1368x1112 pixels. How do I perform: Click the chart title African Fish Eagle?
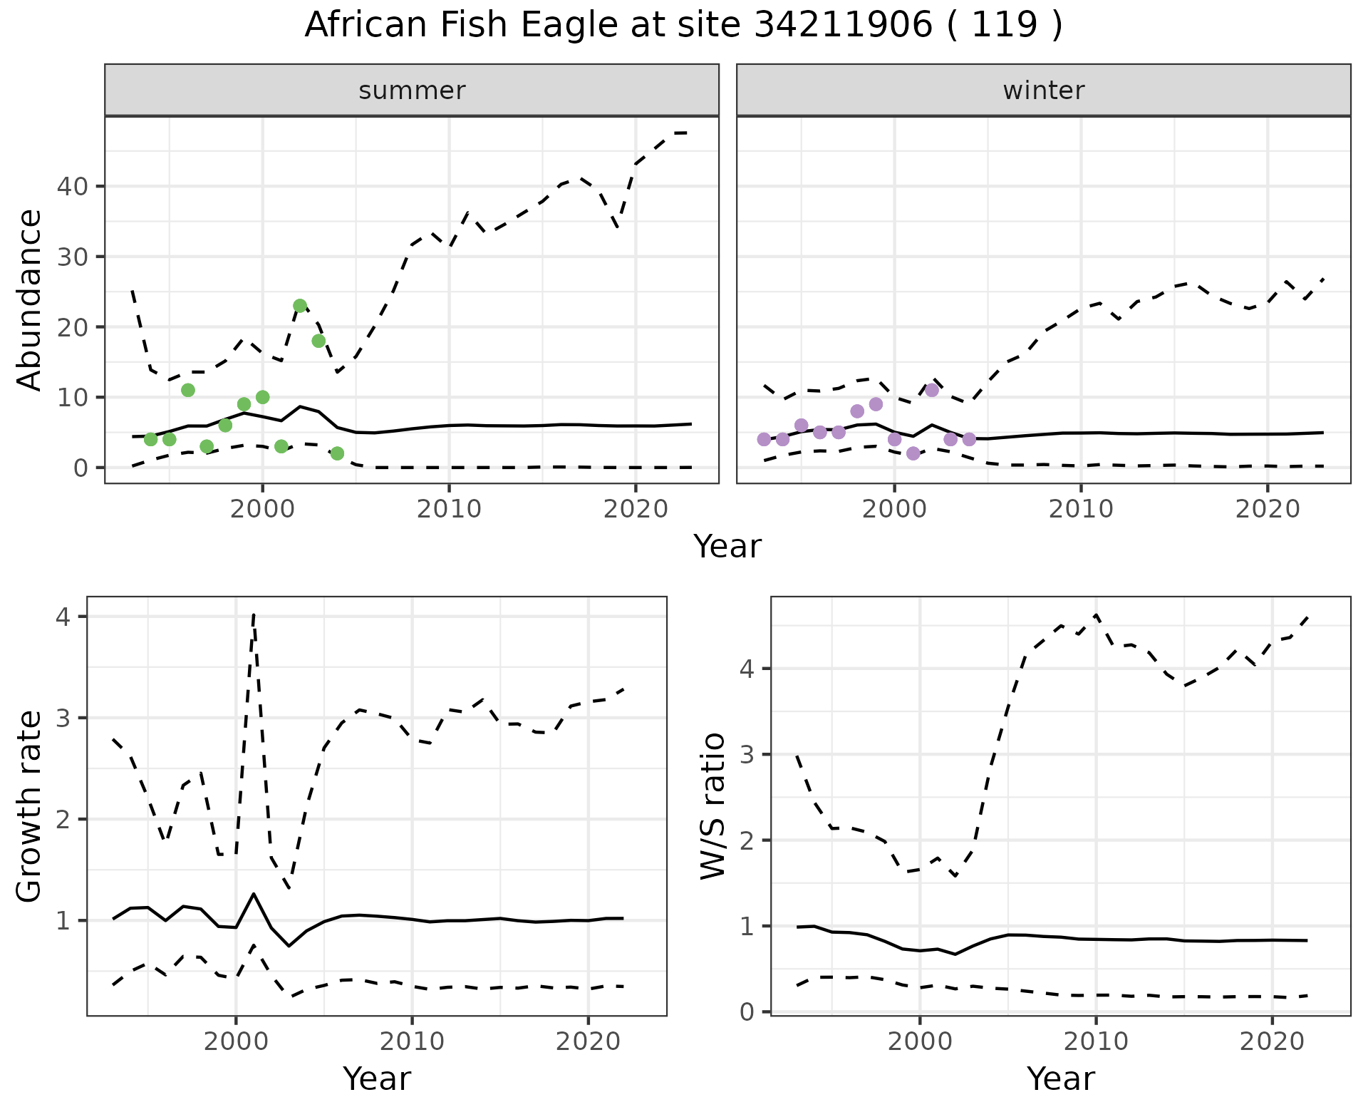(683, 26)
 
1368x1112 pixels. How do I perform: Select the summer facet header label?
(411, 91)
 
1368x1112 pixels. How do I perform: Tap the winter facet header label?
(1043, 91)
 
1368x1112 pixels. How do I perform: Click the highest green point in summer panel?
(300, 306)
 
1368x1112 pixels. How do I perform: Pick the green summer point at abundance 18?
(318, 341)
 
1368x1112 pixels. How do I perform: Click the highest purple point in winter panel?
(932, 390)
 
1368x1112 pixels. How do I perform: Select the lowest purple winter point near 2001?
(913, 453)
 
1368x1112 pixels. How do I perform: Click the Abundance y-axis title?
(30, 299)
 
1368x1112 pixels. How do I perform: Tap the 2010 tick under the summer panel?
(449, 510)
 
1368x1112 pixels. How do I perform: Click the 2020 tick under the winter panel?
(1267, 510)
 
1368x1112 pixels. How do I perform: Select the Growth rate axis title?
(30, 807)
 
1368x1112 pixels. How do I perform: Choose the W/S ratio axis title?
(713, 805)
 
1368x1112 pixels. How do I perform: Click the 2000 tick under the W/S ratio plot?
(919, 1041)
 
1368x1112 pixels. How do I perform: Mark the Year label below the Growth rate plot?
(376, 1078)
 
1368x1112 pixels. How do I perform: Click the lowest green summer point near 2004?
(337, 453)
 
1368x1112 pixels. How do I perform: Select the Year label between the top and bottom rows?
(727, 547)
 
